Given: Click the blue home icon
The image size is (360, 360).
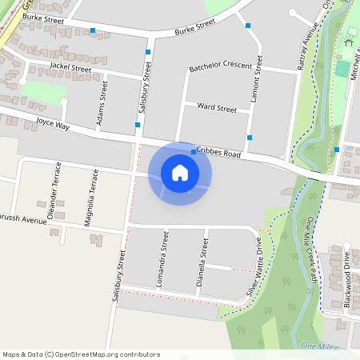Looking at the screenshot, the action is click(x=180, y=172).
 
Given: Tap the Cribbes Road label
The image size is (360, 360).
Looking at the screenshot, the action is click(x=219, y=154).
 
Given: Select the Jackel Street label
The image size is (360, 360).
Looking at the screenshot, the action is click(x=70, y=68).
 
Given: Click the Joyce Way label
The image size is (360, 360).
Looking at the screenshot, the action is click(x=53, y=126).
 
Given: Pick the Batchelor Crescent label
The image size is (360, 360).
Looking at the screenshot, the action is click(x=226, y=66).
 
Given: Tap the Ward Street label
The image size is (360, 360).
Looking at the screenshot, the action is click(x=217, y=107).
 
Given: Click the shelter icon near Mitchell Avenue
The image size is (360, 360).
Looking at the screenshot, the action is click(x=350, y=40).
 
